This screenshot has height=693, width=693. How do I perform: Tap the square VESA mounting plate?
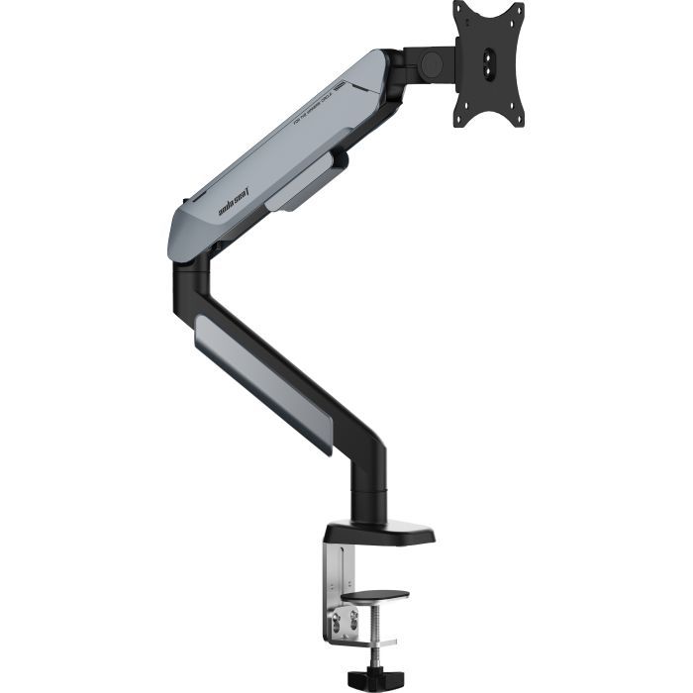click(x=488, y=63)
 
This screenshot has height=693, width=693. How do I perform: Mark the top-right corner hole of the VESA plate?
click(x=515, y=13)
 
